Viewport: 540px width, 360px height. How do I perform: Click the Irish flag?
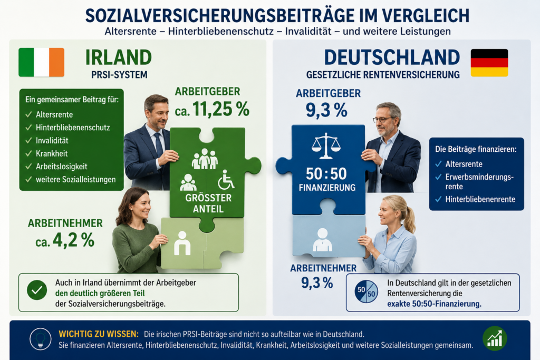point(41,62)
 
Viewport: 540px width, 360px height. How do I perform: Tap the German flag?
point(489,63)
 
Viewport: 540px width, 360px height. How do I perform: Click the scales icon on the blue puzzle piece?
point(326,147)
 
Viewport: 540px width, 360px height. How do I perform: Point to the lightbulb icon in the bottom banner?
point(40,339)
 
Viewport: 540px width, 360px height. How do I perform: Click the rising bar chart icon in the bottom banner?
point(495,338)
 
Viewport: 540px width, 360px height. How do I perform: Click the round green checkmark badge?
point(37,290)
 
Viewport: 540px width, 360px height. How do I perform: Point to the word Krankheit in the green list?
point(52,153)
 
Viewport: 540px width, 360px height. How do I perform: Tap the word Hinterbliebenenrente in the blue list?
point(480,199)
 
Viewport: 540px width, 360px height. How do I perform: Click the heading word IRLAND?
point(119,57)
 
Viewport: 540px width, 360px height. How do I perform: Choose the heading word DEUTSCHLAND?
point(392,57)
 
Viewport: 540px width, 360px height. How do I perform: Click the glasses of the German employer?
point(383,120)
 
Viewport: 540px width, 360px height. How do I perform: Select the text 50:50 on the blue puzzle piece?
point(326,173)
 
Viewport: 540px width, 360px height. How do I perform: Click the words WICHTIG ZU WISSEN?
point(99,334)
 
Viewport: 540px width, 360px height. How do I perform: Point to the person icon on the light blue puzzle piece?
point(322,240)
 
